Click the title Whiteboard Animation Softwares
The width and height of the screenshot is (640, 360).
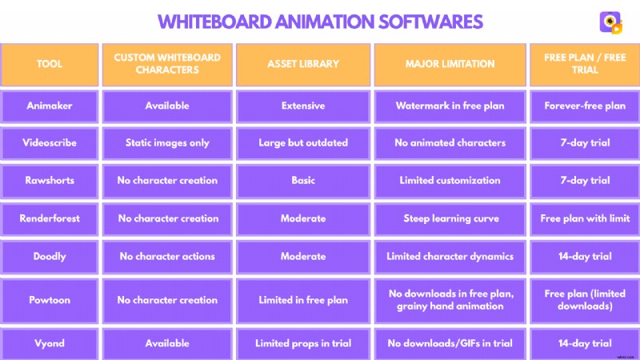click(320, 20)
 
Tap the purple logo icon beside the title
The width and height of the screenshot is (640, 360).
click(610, 22)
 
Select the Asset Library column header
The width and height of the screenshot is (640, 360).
click(303, 63)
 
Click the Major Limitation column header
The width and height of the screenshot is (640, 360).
click(450, 63)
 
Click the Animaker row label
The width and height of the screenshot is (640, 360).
click(50, 106)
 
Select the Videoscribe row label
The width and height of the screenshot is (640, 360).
click(50, 143)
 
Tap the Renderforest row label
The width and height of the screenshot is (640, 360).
click(50, 218)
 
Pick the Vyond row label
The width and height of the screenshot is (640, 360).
click(50, 343)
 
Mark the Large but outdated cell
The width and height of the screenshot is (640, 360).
click(303, 143)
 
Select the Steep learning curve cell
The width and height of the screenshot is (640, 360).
click(450, 218)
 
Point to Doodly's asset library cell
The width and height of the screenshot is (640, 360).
click(303, 257)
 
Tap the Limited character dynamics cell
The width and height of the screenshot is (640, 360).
click(450, 257)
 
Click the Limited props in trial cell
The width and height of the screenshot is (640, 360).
click(303, 343)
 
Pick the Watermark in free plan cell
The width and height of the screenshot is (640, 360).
click(450, 106)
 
